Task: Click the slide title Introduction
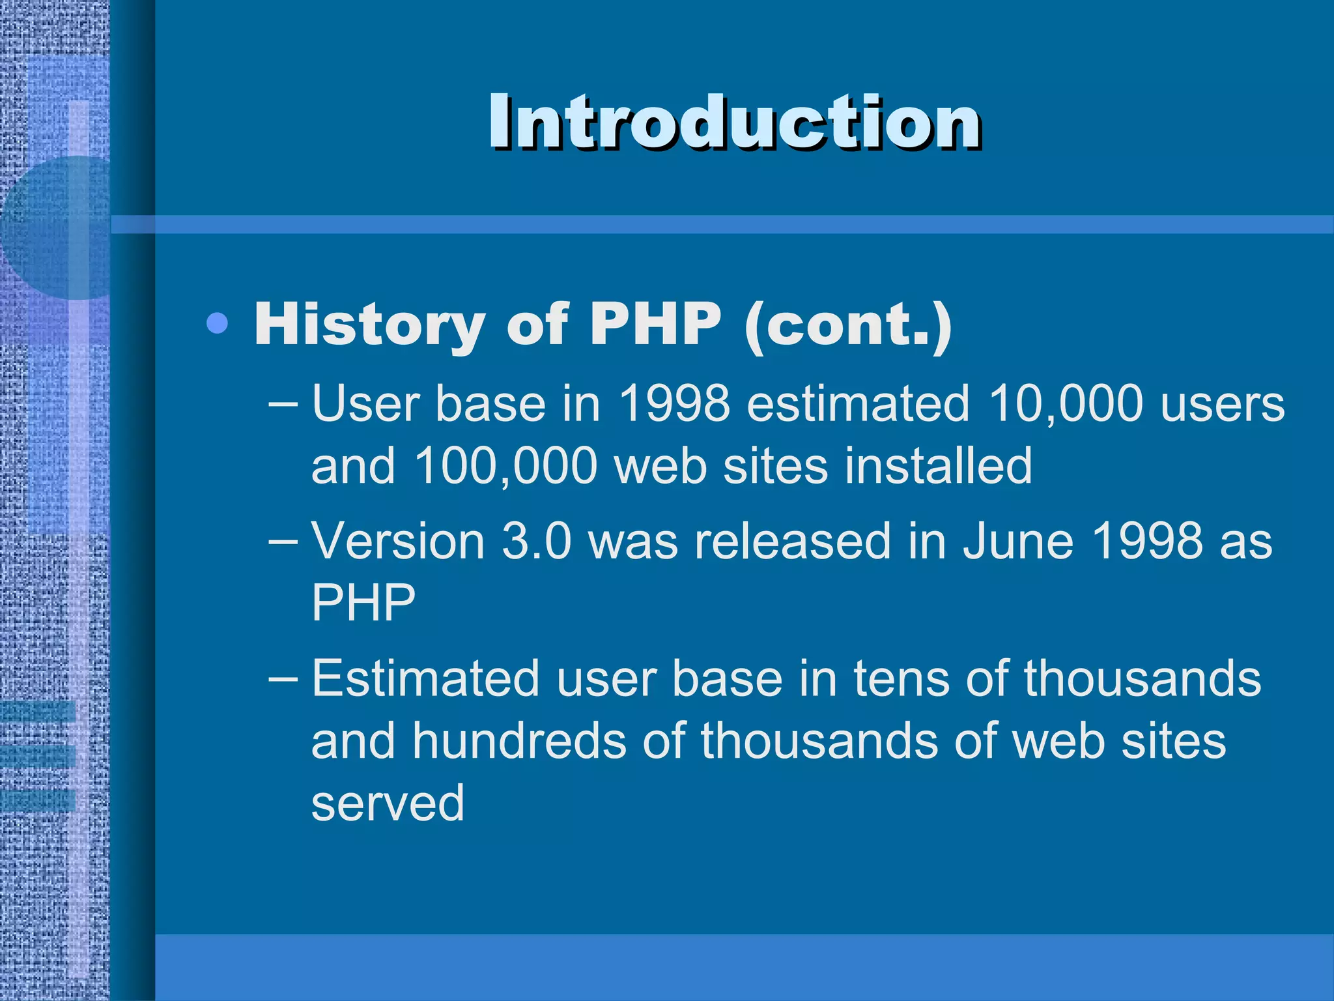tap(735, 122)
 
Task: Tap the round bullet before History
tap(217, 323)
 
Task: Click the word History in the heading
tap(369, 325)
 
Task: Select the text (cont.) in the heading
tap(848, 324)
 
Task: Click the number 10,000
tap(1066, 404)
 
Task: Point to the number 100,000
tap(505, 466)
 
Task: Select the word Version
tap(397, 542)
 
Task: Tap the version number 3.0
tap(536, 542)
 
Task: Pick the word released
tap(792, 542)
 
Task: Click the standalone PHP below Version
tap(363, 603)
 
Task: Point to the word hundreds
tap(519, 741)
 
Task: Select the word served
tap(388, 803)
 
